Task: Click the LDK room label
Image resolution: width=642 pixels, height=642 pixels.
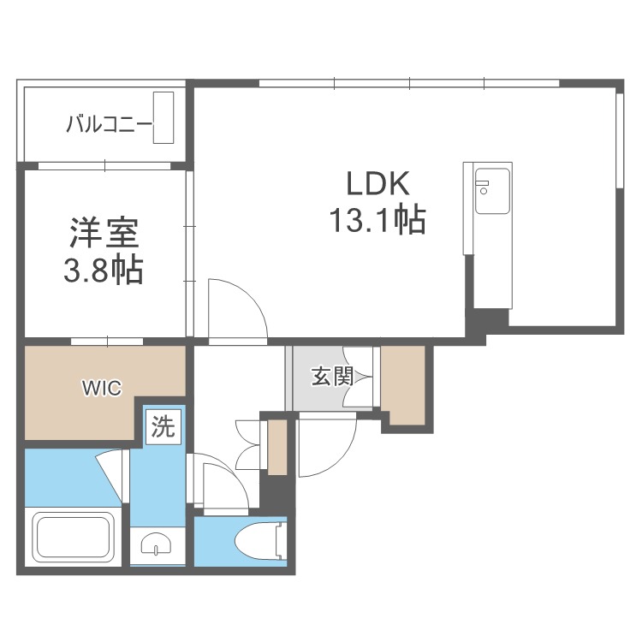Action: coord(377,184)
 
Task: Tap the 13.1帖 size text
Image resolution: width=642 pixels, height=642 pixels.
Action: coord(377,220)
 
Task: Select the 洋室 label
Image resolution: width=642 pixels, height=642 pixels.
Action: coord(104,233)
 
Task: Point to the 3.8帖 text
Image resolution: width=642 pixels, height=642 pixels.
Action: coord(104,270)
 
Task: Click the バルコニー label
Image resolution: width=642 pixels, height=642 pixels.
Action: coord(109,123)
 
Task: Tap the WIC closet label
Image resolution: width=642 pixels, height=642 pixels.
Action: coord(102,388)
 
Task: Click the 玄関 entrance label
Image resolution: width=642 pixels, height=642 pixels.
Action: coord(331,376)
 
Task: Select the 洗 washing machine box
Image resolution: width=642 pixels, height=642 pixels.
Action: coord(163,427)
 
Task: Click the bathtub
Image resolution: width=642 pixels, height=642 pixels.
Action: coord(74,538)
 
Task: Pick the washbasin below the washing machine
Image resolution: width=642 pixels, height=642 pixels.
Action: coord(158,544)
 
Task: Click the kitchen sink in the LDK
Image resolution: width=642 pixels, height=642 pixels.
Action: coord(491,191)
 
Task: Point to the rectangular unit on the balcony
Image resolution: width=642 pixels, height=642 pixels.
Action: coord(163,117)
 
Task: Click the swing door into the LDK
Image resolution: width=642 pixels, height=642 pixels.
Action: coord(237,309)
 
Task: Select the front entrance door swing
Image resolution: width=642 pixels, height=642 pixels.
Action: coord(328,444)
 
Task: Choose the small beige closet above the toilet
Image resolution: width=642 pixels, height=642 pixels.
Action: coord(277,447)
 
